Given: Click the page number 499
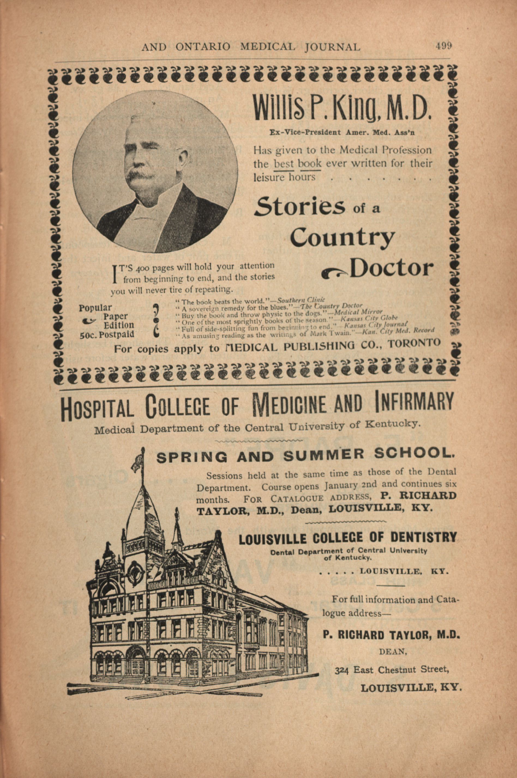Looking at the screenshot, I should [443, 46].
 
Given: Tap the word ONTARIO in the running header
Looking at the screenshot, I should [203, 47].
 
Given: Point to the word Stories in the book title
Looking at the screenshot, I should [300, 206].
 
